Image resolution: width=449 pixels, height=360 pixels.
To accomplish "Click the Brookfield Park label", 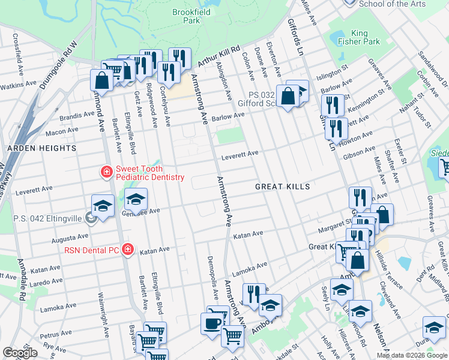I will point(186,16).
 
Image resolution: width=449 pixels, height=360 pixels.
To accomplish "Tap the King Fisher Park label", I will point(366,37).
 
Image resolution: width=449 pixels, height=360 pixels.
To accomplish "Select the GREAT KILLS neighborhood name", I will point(282,187).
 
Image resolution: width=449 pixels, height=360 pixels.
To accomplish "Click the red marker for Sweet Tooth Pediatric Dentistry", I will point(106,173).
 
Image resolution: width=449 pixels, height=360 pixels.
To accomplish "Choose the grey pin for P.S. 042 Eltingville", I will point(90,218).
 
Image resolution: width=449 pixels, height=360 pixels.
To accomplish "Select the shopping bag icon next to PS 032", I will point(288,95).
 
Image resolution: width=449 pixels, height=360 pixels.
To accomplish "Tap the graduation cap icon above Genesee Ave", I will point(136,199).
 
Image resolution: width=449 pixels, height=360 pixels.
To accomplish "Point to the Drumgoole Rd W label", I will point(58,65).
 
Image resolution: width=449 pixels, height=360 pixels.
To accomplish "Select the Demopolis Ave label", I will point(212,280).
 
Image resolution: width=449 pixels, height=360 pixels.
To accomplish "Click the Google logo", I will point(20,353).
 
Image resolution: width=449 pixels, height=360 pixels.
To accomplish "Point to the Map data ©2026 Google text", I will point(412,355).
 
